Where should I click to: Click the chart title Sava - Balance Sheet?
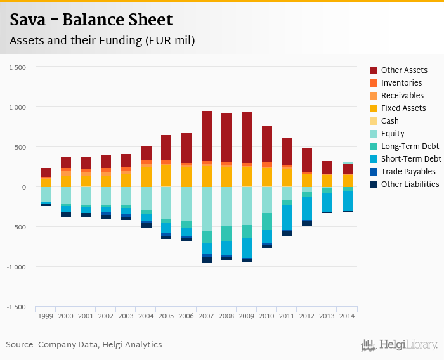coord(91,20)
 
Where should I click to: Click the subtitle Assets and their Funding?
coord(102,41)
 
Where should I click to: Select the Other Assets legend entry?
coord(404,70)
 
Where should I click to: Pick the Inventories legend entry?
coord(401,83)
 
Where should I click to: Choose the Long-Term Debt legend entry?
coord(410,146)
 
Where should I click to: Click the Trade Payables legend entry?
coord(408,172)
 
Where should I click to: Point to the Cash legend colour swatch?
coord(374,121)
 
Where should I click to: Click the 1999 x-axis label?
coord(46,316)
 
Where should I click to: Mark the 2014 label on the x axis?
coord(348,316)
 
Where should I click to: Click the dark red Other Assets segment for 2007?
coord(207,136)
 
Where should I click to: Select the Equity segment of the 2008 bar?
coord(226,206)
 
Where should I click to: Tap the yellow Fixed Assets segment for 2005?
coord(166,175)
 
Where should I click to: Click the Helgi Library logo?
coord(400,345)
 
